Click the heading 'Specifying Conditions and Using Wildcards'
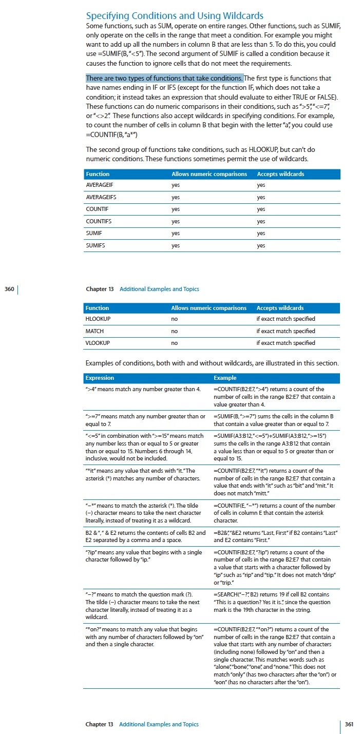point(175,16)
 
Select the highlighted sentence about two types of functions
point(164,78)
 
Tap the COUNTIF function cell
point(97,209)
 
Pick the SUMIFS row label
point(96,245)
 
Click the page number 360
point(9,289)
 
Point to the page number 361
point(349,724)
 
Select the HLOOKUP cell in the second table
point(98,319)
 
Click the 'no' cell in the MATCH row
point(175,331)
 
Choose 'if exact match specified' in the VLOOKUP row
point(286,343)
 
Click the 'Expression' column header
point(100,378)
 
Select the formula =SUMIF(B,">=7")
point(237,416)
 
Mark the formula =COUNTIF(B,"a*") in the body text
point(111,134)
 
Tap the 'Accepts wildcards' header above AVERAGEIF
point(280,174)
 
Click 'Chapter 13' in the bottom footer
point(99,724)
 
